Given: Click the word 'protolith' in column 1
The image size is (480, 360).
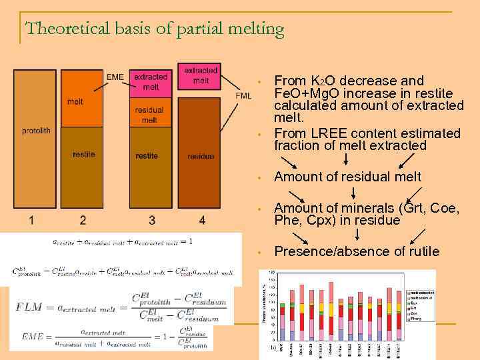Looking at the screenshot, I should (35, 131).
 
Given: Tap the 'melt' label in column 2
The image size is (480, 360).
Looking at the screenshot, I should (75, 101).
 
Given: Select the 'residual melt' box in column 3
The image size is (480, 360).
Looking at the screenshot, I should (149, 115).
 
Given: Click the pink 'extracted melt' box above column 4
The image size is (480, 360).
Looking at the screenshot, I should (201, 75).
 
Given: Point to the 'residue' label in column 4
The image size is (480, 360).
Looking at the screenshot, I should (201, 156).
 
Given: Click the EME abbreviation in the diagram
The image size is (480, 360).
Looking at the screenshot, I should (115, 77).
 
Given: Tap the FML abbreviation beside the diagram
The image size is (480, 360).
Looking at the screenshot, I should (244, 95).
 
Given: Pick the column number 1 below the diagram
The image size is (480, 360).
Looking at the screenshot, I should (32, 219).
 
